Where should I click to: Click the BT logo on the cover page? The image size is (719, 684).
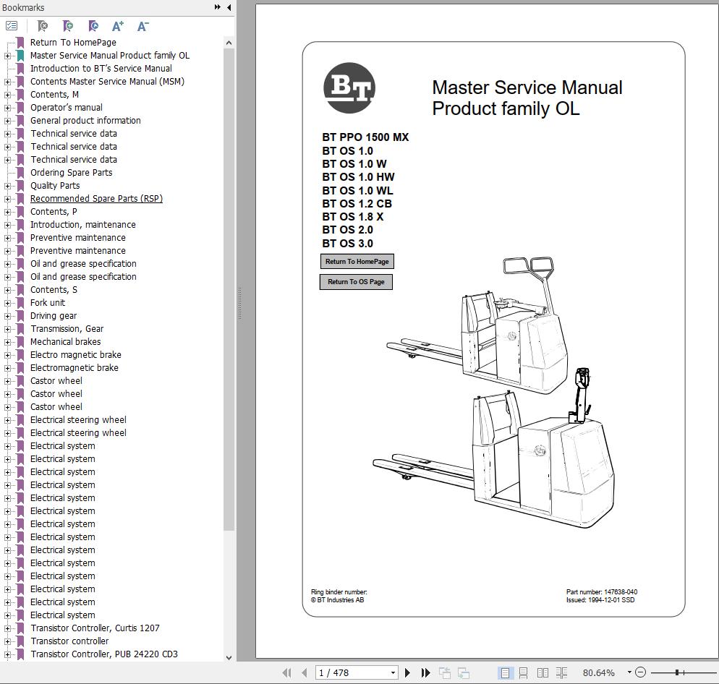349,88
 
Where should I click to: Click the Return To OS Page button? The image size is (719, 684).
356,282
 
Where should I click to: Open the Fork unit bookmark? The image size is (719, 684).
48,303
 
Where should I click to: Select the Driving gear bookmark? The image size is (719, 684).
54,316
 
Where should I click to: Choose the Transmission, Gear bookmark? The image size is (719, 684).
67,329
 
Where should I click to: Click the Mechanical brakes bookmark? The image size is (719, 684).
65,342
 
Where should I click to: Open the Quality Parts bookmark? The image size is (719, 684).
55,186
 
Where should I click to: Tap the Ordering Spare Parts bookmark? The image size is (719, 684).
71,173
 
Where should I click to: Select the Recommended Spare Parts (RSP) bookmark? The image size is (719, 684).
96,199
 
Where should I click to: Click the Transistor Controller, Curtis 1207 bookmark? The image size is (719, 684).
95,628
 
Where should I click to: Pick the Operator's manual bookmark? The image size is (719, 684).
67,108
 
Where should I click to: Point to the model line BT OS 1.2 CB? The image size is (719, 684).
357,204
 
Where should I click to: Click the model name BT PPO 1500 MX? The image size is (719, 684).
365,137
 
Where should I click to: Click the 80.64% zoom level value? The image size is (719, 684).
598,672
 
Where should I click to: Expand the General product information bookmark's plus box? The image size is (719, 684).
8,121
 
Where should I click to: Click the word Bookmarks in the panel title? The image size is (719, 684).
23,7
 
